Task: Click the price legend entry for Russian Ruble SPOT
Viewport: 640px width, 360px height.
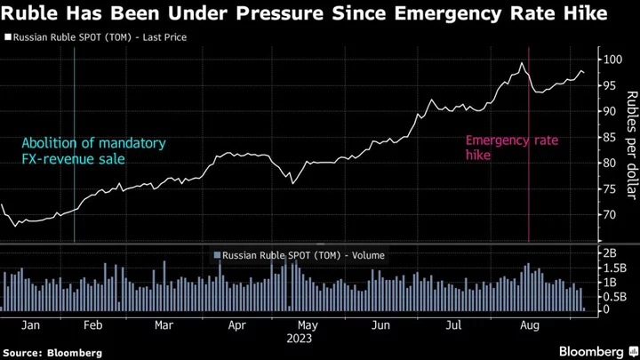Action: click(100, 39)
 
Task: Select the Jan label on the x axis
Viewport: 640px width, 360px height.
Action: click(28, 325)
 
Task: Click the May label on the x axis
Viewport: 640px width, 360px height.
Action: click(307, 325)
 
